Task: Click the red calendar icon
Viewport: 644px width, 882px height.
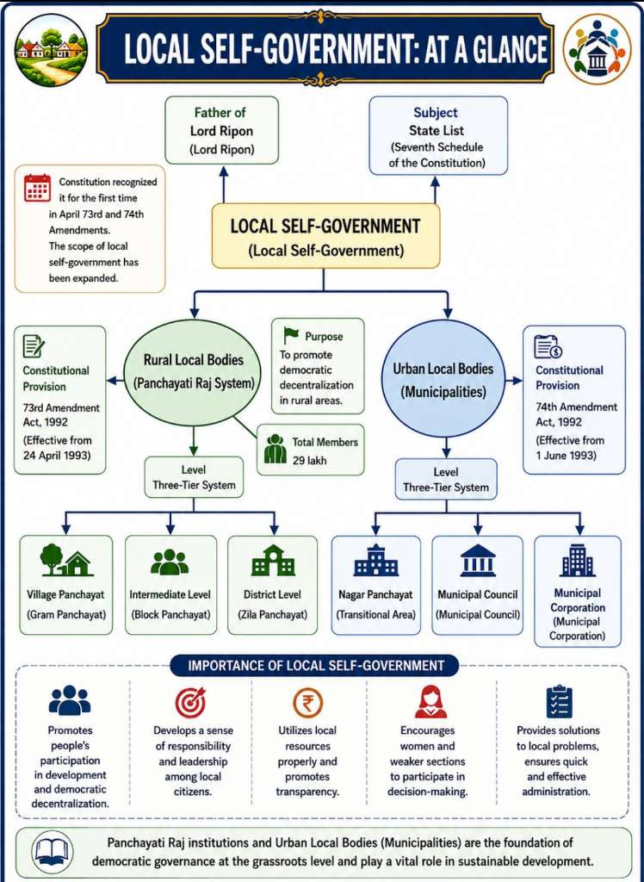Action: (37, 188)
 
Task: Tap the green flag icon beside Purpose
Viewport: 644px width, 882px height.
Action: (291, 335)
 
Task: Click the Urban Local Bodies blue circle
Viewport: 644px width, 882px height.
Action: (443, 379)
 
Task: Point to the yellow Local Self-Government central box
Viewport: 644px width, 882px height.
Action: (325, 236)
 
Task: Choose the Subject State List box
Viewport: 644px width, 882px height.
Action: (438, 136)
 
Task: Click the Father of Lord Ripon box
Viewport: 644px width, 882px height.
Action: (221, 130)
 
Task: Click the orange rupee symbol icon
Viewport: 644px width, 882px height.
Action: (307, 703)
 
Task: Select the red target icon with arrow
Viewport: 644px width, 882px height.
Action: (190, 703)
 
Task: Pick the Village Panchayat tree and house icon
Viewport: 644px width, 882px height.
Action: (65, 560)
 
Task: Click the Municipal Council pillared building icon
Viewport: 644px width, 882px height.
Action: (478, 560)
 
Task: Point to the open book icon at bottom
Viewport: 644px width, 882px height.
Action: (50, 852)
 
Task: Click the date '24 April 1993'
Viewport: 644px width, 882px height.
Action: (57, 455)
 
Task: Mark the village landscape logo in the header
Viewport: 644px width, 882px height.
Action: (52, 50)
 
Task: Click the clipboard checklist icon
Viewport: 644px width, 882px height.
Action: (559, 702)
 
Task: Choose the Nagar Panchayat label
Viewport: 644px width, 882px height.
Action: (375, 594)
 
